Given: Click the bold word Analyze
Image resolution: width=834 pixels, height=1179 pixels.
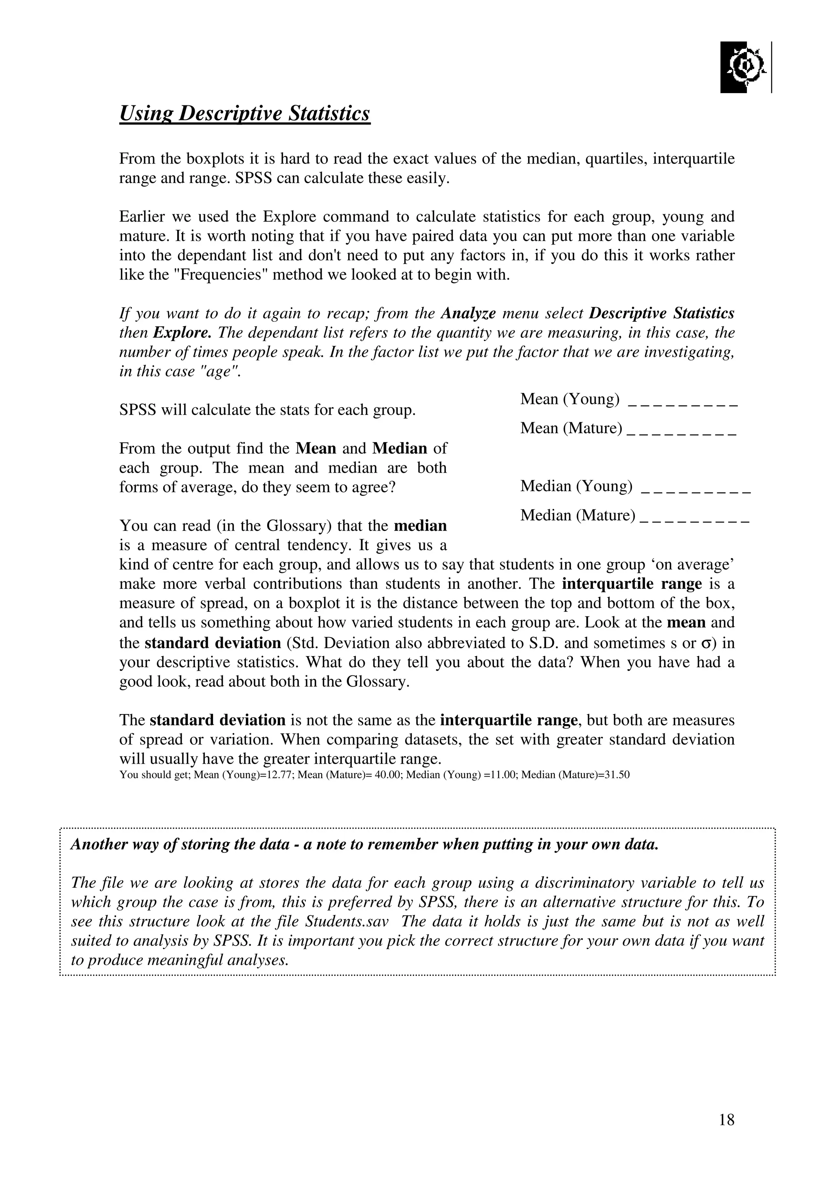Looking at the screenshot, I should [x=467, y=313].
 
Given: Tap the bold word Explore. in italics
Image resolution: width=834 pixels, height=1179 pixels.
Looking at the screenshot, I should [x=182, y=333].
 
